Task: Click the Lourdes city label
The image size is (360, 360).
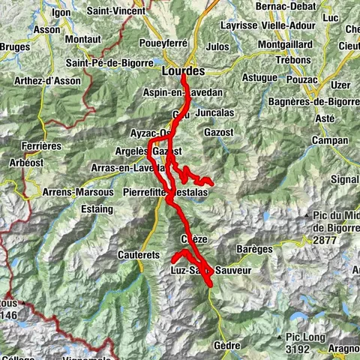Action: (x=183, y=70)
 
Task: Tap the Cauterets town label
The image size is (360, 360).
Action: (x=139, y=255)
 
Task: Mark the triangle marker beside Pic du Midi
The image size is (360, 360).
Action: (x=307, y=217)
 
